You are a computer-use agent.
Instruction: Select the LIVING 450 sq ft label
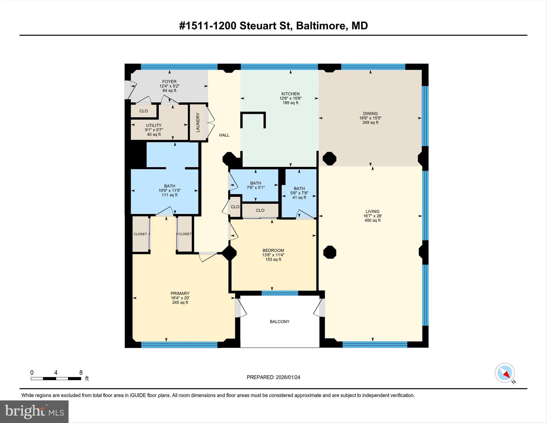(372, 216)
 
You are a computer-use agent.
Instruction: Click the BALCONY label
(279, 322)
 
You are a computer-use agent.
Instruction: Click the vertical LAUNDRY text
(198, 122)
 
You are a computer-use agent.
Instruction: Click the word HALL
(224, 135)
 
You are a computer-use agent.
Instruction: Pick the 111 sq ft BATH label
(169, 190)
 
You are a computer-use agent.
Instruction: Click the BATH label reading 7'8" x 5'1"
(255, 185)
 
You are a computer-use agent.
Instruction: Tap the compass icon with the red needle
(505, 373)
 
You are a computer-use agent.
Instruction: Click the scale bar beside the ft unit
(56, 379)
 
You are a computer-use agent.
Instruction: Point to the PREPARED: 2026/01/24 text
(273, 377)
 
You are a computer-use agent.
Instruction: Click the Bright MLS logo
(34, 411)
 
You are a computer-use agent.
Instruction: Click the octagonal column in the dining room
(329, 158)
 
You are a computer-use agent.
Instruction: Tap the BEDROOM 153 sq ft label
(273, 255)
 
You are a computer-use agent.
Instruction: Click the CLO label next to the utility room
(143, 111)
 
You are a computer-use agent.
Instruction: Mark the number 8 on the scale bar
(81, 373)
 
